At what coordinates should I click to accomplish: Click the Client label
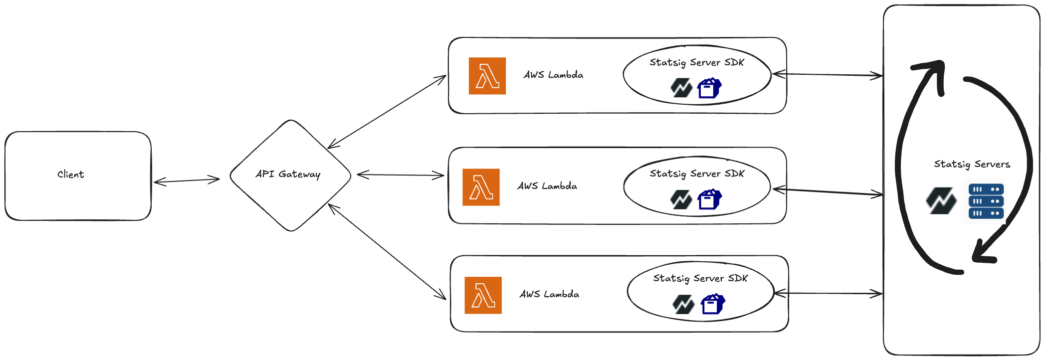point(70,175)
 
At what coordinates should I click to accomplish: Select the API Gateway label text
point(288,174)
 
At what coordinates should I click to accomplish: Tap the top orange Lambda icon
point(487,76)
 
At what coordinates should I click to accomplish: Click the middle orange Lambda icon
point(481,187)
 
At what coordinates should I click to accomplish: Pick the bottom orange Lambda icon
point(483,295)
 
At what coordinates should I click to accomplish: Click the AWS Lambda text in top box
point(553,75)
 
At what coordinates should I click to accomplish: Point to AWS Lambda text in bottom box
point(549,294)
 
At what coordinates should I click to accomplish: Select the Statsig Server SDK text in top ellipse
point(696,62)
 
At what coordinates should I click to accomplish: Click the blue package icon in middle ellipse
point(709,199)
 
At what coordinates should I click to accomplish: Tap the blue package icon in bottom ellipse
point(713,304)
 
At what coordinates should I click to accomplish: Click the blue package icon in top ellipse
point(709,88)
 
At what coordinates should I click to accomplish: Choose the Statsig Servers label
point(972,164)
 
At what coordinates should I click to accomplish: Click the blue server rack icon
point(984,201)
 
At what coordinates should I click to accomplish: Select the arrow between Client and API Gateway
point(186,180)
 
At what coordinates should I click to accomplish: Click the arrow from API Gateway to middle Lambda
point(400,175)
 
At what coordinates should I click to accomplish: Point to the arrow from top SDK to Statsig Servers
point(827,75)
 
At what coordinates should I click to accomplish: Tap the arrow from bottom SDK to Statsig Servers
point(828,294)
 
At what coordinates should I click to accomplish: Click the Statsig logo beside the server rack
point(941,200)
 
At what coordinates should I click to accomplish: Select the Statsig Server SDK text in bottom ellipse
point(700,278)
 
